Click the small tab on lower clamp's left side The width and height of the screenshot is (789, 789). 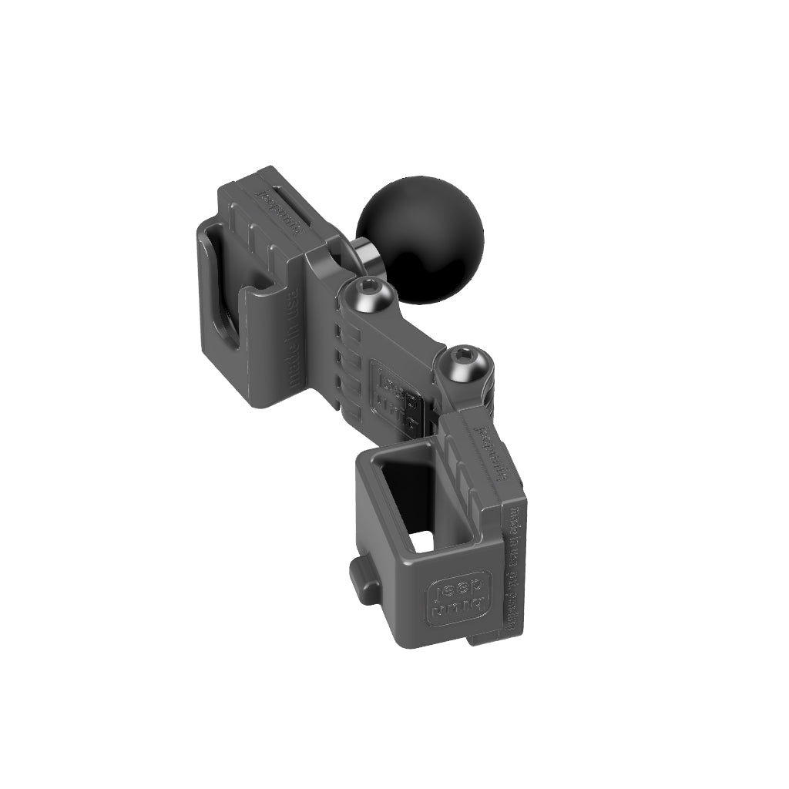tap(362, 574)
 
